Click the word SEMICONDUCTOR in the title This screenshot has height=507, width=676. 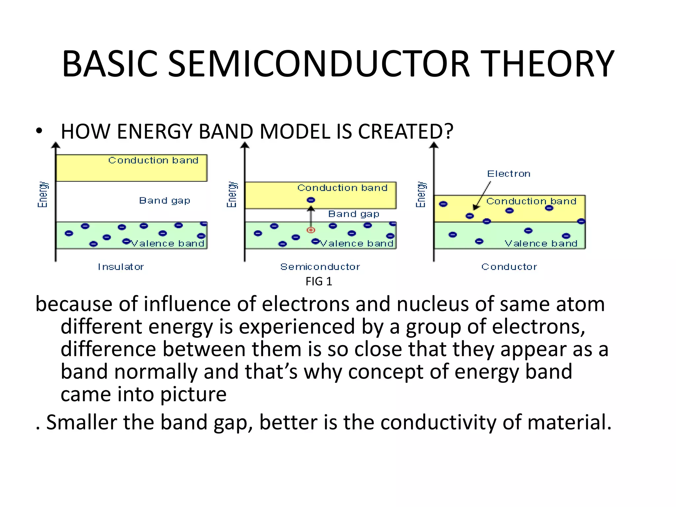point(319,64)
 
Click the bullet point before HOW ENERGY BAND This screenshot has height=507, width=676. point(39,131)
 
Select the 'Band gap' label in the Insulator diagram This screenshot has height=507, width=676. point(164,200)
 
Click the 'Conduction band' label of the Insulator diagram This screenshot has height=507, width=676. point(153,160)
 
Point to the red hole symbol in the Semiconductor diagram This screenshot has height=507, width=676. point(311,230)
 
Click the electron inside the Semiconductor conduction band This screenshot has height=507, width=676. point(311,200)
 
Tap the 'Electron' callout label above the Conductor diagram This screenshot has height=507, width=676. point(509,174)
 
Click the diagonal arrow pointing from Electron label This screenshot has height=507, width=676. point(482,195)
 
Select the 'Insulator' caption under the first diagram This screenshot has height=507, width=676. point(121,267)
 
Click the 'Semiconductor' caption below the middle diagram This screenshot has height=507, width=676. point(320,267)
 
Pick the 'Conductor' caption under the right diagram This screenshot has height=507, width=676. point(509,267)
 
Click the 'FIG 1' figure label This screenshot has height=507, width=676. point(319,282)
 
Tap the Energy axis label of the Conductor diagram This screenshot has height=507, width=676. point(421,194)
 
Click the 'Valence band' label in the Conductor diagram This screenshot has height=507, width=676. point(541,244)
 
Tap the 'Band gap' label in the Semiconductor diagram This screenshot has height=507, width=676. point(354,214)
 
